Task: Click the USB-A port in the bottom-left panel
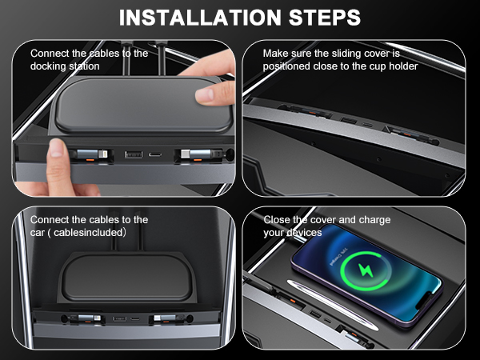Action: [x=120, y=319]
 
